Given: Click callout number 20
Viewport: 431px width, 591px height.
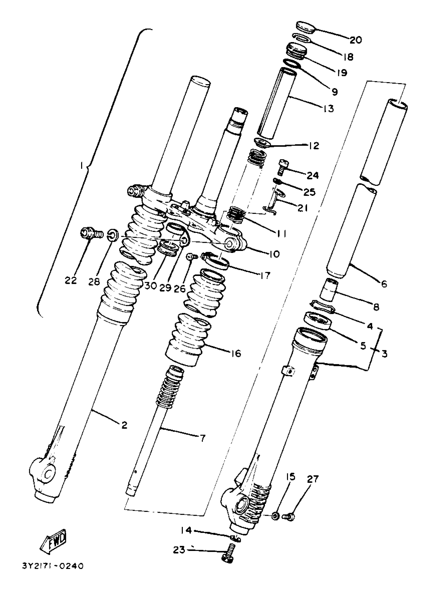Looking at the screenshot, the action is point(356,40).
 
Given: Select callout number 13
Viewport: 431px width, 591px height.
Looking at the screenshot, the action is point(329,108).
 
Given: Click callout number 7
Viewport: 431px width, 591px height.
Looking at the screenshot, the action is point(202,438).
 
